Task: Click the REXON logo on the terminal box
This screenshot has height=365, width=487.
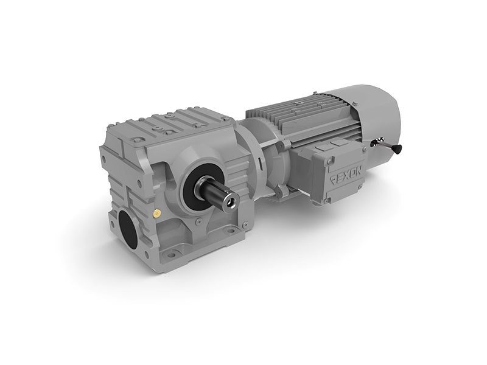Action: pyautogui.click(x=346, y=178)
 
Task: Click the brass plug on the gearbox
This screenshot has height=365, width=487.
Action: pyautogui.click(x=156, y=212)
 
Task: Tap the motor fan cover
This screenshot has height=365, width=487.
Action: pyautogui.click(x=377, y=118)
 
